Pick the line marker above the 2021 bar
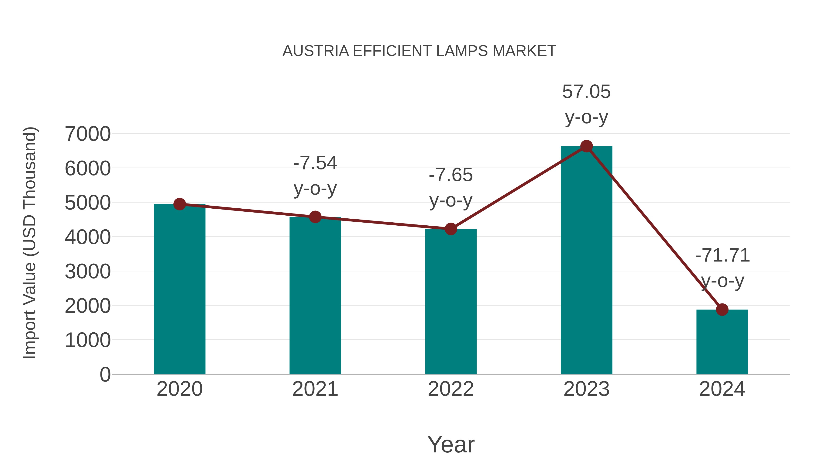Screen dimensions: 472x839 coord(315,217)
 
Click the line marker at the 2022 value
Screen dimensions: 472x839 coord(451,229)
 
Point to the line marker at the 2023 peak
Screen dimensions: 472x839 coord(586,146)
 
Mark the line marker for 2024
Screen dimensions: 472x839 coord(722,310)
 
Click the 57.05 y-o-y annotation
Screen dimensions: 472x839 coord(586,92)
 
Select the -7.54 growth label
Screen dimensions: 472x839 coord(315,163)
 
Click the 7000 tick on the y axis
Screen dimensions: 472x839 coord(88,134)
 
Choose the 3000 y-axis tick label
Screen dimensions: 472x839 coord(88,271)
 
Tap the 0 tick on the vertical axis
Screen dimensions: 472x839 coord(105,374)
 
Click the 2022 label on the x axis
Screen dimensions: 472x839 coord(451,389)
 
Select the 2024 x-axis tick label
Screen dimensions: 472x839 coord(722,389)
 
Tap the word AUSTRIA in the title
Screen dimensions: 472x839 coord(316,51)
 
